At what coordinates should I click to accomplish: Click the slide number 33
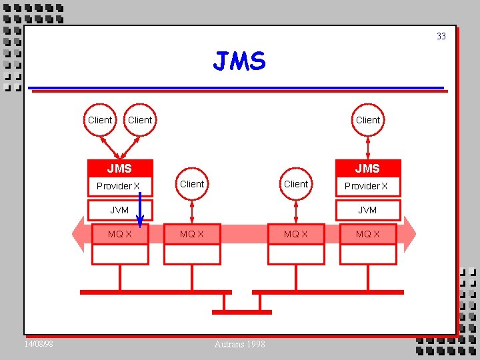click(441, 36)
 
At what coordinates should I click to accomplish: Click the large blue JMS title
click(239, 62)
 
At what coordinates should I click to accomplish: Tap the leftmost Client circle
click(100, 120)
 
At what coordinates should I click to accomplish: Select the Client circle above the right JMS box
click(368, 120)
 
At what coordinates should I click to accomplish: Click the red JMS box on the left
click(120, 169)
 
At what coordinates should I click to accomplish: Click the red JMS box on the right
click(367, 169)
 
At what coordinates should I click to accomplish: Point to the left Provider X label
click(118, 186)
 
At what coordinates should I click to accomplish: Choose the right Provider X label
click(366, 186)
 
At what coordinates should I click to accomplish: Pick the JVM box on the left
click(120, 210)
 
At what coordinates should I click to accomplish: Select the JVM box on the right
click(367, 210)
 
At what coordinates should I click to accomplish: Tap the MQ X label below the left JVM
click(120, 234)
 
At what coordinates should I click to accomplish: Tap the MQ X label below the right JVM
click(367, 234)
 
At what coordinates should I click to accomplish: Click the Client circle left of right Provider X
click(296, 184)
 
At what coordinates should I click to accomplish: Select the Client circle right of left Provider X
click(192, 184)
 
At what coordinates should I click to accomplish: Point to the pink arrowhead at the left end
click(79, 235)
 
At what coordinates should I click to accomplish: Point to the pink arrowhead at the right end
click(409, 235)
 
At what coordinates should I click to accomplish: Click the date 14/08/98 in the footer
click(39, 344)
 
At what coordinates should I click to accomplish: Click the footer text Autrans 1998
click(239, 344)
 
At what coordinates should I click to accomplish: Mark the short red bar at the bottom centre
click(241, 312)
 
